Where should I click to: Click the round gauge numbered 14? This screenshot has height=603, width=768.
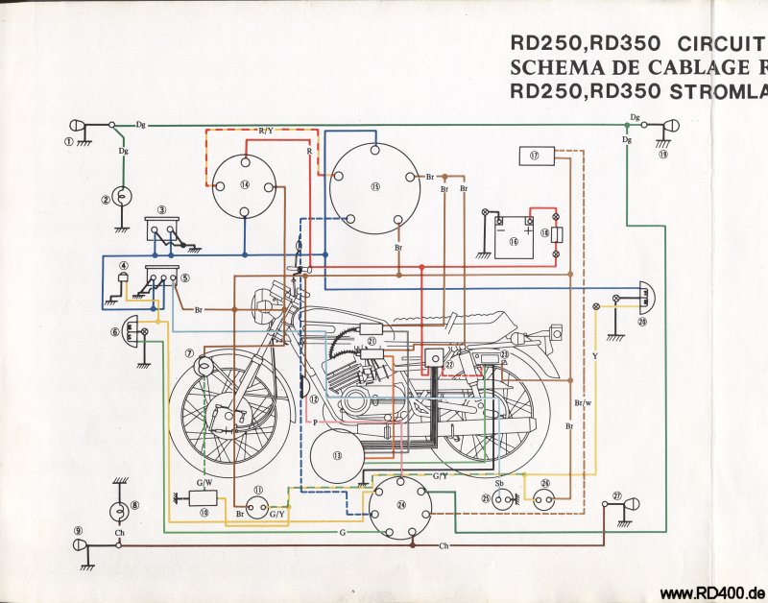[245, 185]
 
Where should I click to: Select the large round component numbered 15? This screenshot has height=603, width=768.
[374, 188]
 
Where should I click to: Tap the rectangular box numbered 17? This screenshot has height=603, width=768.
[536, 154]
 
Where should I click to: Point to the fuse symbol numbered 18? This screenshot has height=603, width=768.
[557, 233]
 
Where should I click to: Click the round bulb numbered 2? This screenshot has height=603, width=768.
[122, 197]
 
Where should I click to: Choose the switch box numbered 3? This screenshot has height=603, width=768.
[162, 229]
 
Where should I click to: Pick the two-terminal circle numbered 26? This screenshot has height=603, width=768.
[546, 498]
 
